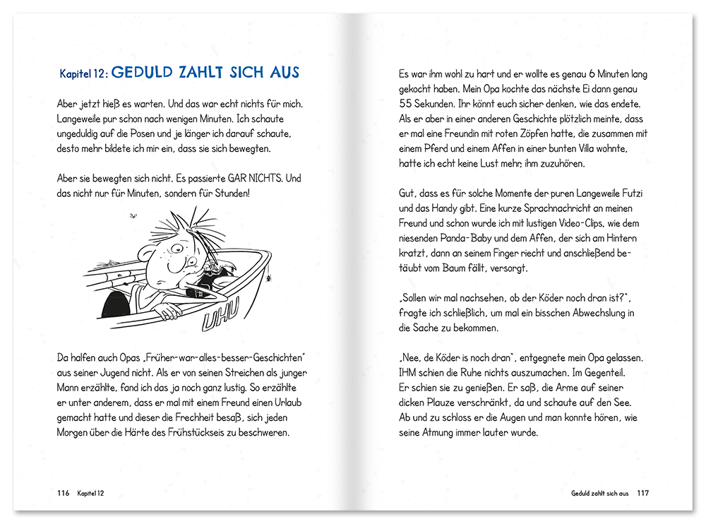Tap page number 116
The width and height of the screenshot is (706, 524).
63,493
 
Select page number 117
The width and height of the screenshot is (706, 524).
642,493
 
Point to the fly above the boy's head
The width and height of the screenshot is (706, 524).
133,215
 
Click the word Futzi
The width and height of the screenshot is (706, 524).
633,193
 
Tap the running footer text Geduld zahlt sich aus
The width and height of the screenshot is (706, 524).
599,493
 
